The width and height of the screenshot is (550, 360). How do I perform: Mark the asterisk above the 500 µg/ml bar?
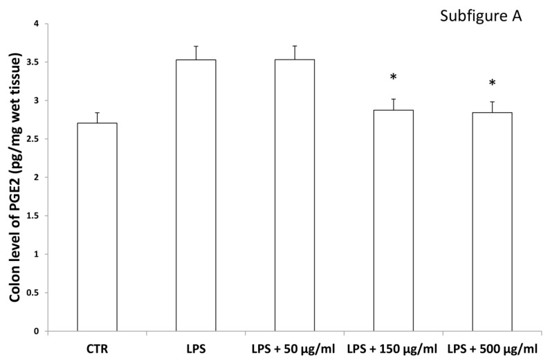click(x=493, y=84)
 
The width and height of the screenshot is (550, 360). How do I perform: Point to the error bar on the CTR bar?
click(x=97, y=117)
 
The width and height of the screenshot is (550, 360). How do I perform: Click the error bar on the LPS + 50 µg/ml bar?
click(x=295, y=52)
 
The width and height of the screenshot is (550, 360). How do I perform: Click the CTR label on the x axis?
click(x=97, y=345)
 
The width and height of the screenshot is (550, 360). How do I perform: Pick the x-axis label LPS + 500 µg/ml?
click(x=493, y=345)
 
